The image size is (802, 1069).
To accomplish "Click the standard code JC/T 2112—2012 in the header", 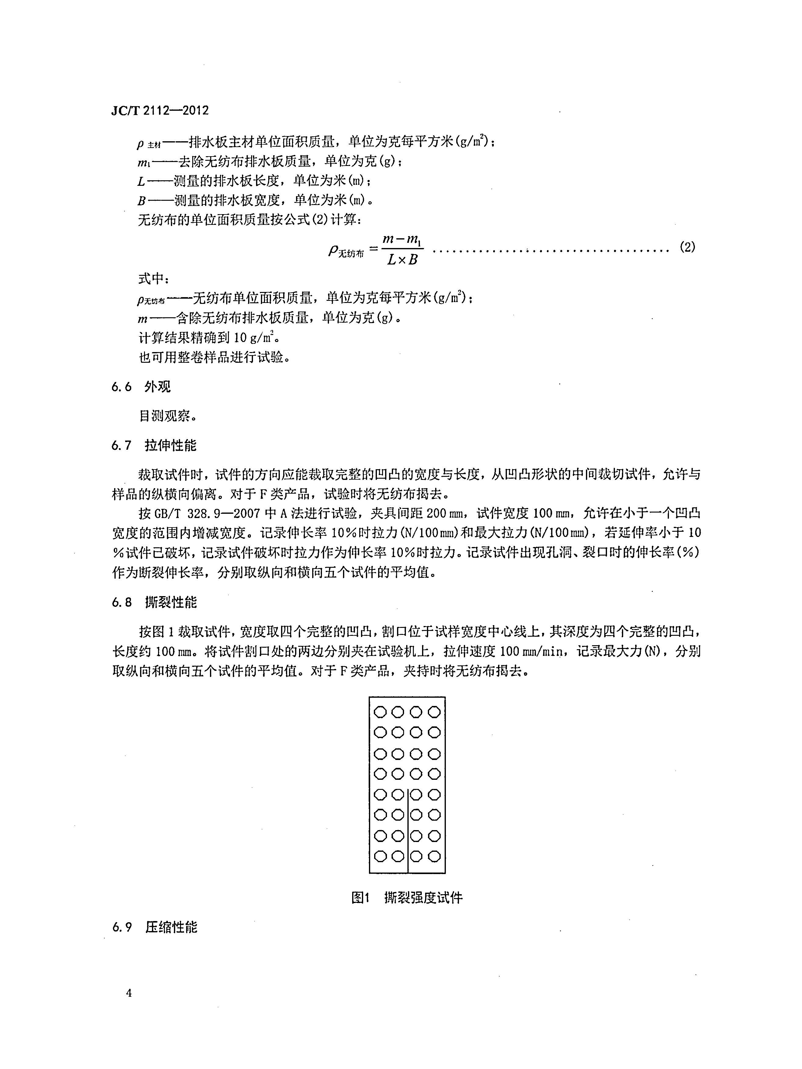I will click(x=160, y=111).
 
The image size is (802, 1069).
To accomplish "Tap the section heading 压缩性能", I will click(x=171, y=927).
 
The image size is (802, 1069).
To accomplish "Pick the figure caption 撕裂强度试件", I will click(x=423, y=898).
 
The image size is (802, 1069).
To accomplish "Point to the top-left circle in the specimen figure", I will click(x=381, y=712).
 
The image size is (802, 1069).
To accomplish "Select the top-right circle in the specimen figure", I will click(x=434, y=712).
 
